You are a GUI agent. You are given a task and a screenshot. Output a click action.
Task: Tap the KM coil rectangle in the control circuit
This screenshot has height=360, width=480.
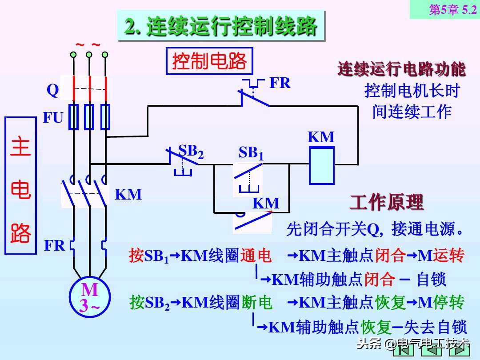321,165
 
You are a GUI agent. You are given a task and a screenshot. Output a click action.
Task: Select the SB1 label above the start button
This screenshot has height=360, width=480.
251,153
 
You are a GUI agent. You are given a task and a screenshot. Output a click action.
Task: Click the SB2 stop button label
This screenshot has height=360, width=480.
191,151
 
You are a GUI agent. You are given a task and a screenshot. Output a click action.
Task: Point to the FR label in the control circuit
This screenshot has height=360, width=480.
280,83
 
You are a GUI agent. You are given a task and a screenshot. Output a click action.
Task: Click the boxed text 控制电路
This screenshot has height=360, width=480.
209,61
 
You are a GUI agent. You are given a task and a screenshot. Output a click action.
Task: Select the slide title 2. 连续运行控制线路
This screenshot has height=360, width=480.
221,27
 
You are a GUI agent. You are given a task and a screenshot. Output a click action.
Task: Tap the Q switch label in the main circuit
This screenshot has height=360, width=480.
53,91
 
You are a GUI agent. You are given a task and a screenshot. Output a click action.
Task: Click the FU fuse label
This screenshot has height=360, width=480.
53,118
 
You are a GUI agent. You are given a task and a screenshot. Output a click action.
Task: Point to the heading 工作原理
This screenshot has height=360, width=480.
386,203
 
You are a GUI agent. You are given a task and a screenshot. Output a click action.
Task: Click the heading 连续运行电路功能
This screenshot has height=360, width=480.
401,69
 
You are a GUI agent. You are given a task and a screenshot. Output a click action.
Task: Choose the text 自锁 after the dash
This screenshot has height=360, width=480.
431,280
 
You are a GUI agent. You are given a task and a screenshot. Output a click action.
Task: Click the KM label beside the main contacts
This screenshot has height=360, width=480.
128,194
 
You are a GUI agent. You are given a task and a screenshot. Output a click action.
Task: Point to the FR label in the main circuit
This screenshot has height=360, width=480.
55,245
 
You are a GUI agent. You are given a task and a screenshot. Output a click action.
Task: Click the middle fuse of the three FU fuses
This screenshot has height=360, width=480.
89,117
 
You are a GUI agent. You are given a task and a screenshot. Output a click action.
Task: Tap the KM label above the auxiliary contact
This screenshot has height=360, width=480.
266,204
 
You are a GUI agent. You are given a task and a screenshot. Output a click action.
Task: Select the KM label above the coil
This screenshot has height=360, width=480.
321,137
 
